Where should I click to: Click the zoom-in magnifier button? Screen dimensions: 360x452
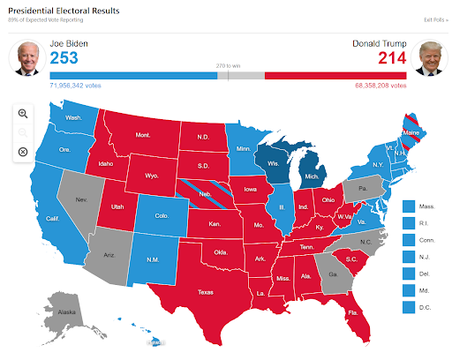coord(23,113)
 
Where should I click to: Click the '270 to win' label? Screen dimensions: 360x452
coord(228,65)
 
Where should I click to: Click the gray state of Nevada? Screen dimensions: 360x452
coord(80,200)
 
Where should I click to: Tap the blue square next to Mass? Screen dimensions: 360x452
coord(408,205)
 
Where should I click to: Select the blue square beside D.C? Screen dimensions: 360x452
coord(408,307)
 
